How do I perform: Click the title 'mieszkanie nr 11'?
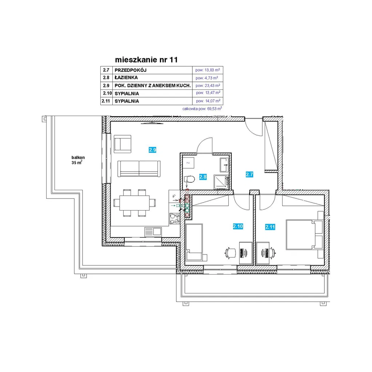coord(146,60)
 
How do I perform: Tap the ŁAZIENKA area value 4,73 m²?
coord(207,78)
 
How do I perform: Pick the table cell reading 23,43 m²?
coord(208,85)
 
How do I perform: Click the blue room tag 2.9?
coord(153,150)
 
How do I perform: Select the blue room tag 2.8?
coord(203,177)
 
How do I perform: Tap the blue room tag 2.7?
coord(249,175)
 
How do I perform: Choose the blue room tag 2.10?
coord(238,226)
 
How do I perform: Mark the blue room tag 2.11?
coord(270,227)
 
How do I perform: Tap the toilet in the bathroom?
coord(189,179)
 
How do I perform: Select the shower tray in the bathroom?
coord(221,182)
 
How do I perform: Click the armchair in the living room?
coord(123,144)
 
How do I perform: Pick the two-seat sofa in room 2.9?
coord(139,169)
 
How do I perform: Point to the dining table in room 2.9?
coord(135,203)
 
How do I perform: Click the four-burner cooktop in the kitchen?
coord(175,219)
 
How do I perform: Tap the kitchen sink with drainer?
coord(153,232)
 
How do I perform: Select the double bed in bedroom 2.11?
coord(304,235)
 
